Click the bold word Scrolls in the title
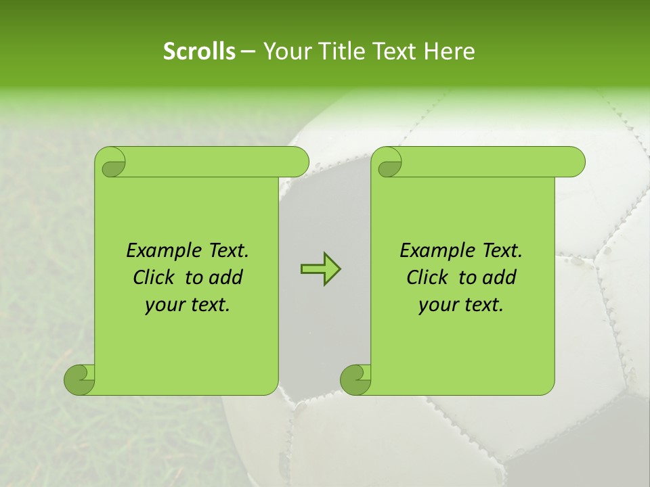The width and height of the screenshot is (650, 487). [x=199, y=51]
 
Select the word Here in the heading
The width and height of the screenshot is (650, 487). [x=450, y=51]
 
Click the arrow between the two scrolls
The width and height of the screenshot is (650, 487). [x=320, y=270]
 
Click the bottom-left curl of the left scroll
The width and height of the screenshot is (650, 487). [x=79, y=379]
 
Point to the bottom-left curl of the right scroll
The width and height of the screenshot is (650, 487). [x=355, y=379]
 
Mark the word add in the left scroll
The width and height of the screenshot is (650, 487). [x=225, y=277]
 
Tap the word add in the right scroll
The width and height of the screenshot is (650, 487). [x=499, y=277]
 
